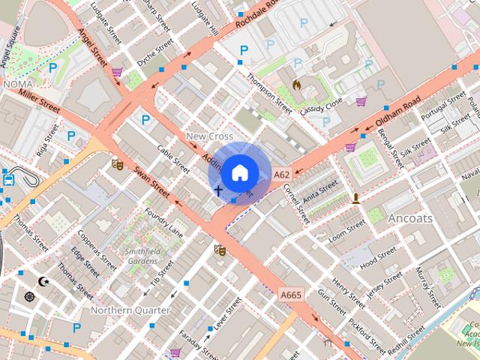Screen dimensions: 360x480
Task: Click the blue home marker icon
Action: click(238, 172)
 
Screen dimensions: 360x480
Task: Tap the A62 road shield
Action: click(281, 175)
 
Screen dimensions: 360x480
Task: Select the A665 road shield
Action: click(291, 295)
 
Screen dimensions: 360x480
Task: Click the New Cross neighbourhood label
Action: click(209, 136)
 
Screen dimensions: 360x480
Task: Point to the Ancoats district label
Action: click(410, 218)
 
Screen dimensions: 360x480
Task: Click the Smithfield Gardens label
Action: click(142, 256)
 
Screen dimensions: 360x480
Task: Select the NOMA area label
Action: click(18, 85)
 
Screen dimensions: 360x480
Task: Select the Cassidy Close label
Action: click(321, 104)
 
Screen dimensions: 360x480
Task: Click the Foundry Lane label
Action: click(164, 223)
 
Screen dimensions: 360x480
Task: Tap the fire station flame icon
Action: click(297, 85)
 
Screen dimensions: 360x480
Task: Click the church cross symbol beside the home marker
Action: click(218, 191)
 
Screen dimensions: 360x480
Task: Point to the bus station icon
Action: click(8, 179)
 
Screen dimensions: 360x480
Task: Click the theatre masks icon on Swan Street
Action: click(117, 163)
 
